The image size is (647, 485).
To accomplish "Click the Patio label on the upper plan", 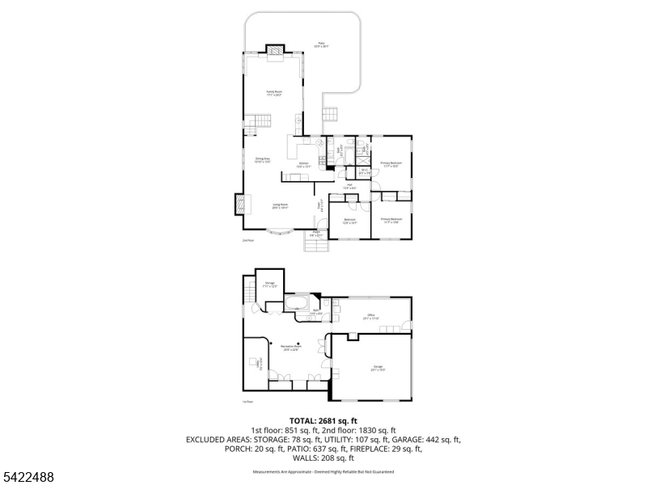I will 322,46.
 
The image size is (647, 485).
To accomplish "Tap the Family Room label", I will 274,94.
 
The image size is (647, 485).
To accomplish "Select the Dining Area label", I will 262,160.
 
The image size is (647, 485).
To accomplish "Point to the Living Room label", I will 281,206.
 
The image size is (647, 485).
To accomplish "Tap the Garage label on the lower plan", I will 378,368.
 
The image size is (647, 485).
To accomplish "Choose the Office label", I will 371,317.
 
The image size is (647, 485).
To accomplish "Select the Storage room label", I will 269,285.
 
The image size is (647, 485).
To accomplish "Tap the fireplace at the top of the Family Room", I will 277,53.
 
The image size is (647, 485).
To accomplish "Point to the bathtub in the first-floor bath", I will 297,305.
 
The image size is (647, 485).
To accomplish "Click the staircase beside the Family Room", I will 256,125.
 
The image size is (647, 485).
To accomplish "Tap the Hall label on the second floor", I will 349,187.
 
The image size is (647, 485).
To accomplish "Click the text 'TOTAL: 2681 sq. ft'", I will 323,421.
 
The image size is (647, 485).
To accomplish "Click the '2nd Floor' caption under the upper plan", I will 248,241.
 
